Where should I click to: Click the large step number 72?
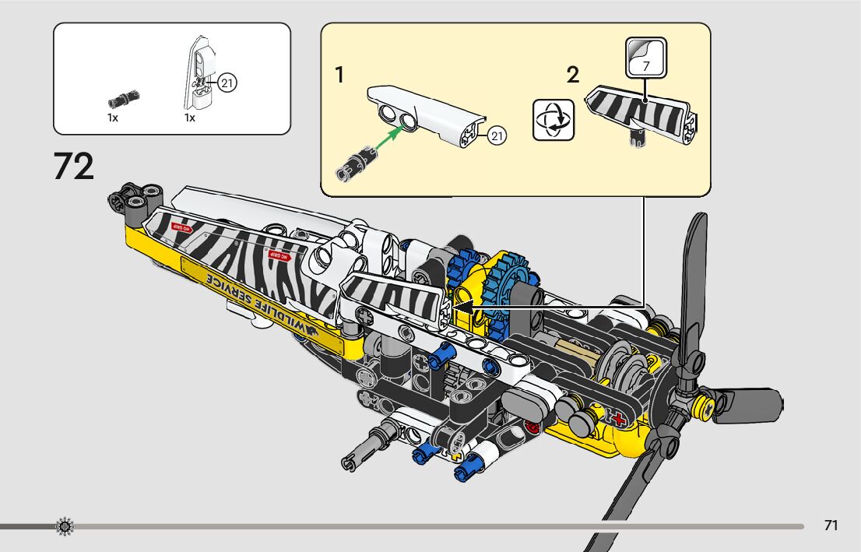[x=74, y=167]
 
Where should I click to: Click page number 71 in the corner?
[x=831, y=526]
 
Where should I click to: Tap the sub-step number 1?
[x=339, y=76]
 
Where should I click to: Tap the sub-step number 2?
[x=573, y=76]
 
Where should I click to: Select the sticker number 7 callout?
[x=646, y=58]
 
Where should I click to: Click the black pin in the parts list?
[x=123, y=99]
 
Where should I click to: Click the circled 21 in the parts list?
[x=227, y=83]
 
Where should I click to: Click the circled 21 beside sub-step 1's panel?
[x=497, y=136]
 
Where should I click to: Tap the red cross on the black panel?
[x=620, y=420]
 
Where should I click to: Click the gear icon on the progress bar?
[x=65, y=527]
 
